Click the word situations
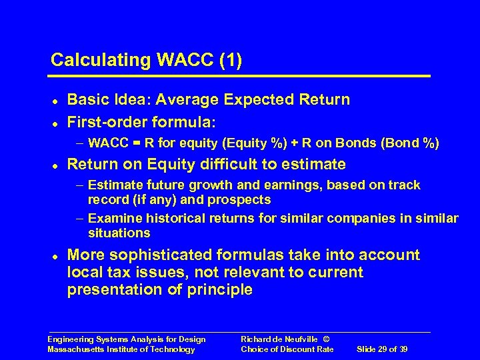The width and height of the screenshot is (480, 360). [119, 233]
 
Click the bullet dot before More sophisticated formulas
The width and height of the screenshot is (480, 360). [53, 255]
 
